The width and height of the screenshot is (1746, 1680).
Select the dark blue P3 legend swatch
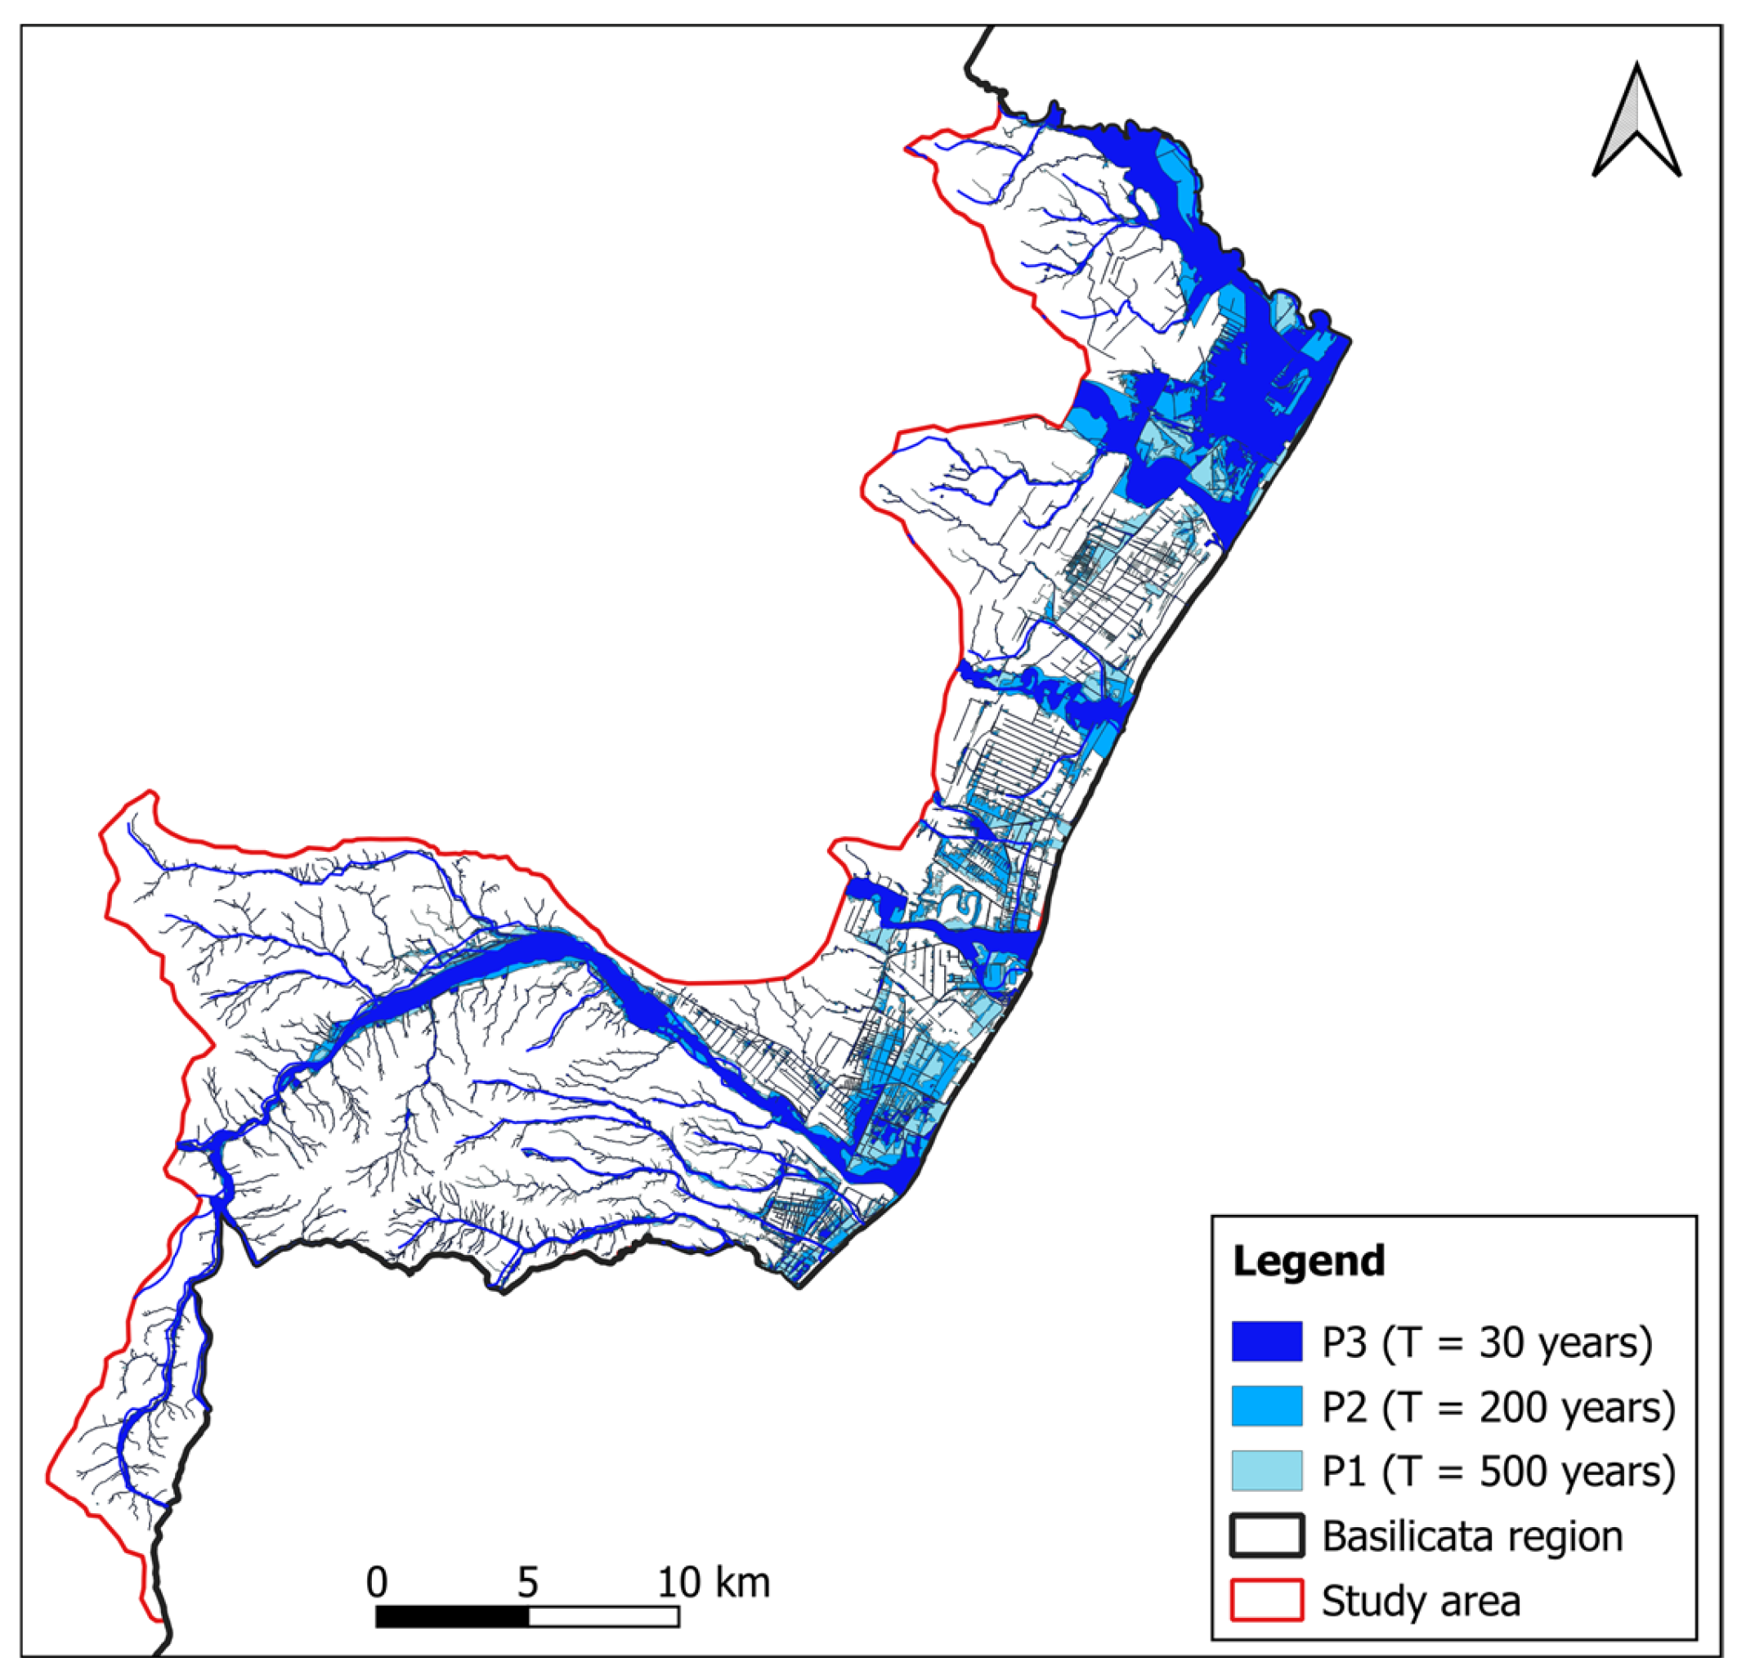point(1267,1342)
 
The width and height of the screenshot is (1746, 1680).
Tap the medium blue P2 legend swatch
point(1267,1405)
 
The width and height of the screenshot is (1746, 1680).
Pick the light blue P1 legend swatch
point(1267,1471)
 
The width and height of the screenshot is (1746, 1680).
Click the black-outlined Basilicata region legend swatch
point(1267,1535)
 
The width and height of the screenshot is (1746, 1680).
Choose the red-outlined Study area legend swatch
point(1267,1600)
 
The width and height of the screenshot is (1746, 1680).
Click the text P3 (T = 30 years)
point(1487,1342)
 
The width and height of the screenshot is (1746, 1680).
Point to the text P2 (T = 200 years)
point(1498,1406)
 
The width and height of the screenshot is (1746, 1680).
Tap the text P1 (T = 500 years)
point(1498,1471)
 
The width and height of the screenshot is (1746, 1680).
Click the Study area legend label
point(1421,1601)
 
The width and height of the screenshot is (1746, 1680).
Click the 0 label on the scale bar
point(377,1582)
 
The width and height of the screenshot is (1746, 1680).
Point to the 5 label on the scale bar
point(527,1582)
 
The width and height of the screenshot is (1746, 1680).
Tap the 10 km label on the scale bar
point(713,1582)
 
